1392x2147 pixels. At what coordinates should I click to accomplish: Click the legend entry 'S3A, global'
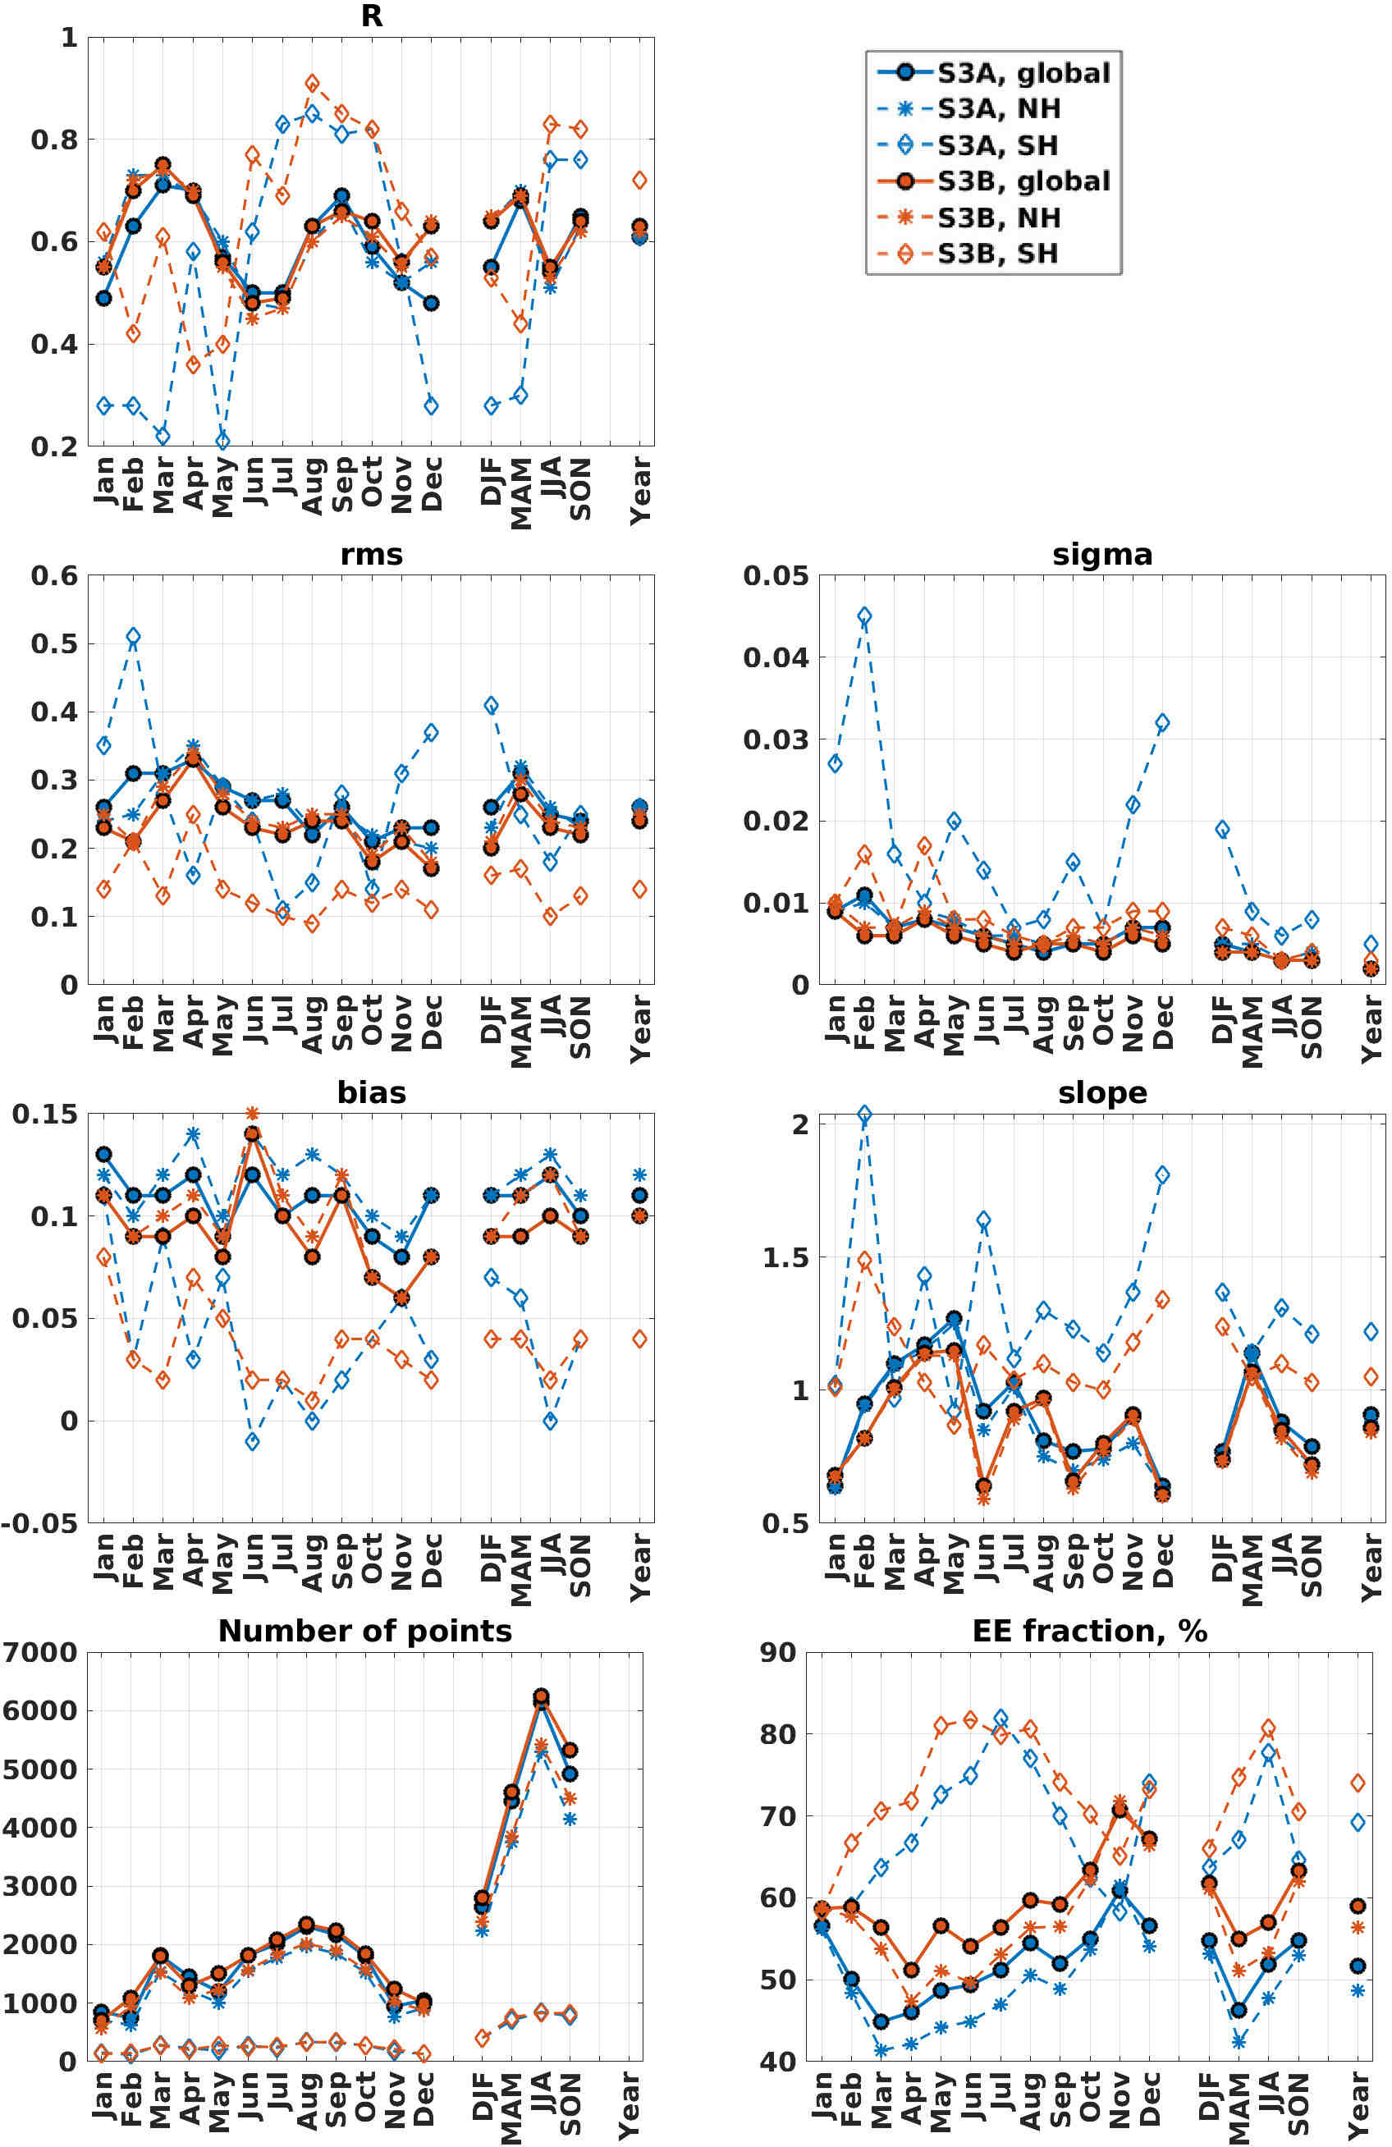click(1023, 72)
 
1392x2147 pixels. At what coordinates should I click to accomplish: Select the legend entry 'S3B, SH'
click(997, 254)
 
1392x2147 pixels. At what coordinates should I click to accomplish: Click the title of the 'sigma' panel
click(1102, 554)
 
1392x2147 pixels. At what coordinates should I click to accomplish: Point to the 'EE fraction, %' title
click(1089, 1631)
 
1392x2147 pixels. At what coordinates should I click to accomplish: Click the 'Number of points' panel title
click(364, 1631)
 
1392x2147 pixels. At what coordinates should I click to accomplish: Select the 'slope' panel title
click(1102, 1092)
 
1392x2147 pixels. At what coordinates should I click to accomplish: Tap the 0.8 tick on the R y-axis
click(54, 140)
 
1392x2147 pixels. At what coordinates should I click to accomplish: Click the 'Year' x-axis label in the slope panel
click(1371, 1567)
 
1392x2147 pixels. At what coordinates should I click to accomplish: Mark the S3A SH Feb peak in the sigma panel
click(864, 616)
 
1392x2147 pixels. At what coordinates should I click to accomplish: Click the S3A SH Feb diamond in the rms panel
click(134, 636)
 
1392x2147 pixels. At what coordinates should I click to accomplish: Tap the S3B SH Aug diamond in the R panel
click(312, 84)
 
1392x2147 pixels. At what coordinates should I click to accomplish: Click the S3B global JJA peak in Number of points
click(541, 1696)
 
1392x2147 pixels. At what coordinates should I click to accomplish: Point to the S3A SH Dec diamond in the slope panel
click(1163, 1174)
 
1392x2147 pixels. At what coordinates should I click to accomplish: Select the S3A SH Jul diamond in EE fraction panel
click(1000, 1719)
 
